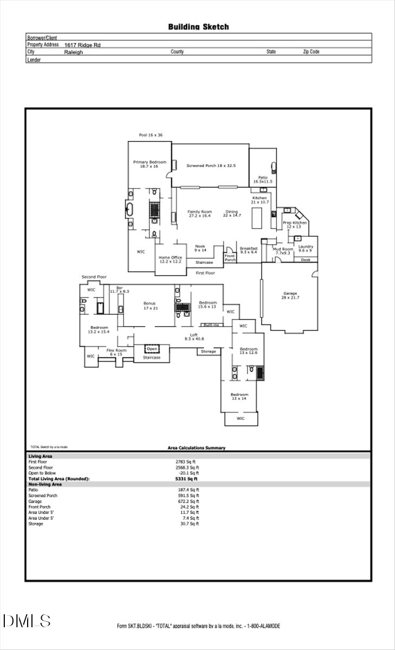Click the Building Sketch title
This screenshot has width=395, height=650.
pos(198,27)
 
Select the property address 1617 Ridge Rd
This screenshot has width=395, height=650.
pos(82,45)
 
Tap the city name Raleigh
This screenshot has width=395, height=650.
pos(74,53)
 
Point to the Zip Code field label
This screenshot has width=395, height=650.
pos(311,52)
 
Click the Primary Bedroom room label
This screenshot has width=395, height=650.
pos(150,164)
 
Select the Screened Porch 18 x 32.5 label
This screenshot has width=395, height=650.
pos(211,166)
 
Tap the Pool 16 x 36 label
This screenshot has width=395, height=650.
pos(150,135)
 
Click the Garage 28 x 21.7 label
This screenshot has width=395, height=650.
pos(290,295)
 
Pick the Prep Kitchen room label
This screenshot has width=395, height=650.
pos(295,225)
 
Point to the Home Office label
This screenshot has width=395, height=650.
pos(170,259)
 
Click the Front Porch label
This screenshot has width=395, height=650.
pos(230,258)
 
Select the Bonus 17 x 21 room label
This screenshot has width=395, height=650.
pos(150,305)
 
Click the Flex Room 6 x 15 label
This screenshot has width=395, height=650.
pos(116,352)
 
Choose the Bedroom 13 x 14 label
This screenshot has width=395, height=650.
pos(239,396)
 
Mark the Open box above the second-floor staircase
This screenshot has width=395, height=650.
pos(153,349)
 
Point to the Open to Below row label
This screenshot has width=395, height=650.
pos(42,473)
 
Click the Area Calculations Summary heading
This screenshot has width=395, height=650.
pos(197,448)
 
